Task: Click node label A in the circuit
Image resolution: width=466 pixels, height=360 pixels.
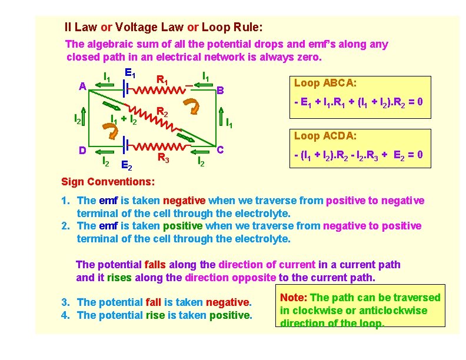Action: pos(83,86)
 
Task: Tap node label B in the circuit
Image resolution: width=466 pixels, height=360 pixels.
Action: pos(219,91)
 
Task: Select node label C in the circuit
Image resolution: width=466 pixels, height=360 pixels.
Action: pos(219,149)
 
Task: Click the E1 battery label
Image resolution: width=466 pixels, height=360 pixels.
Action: pos(131,74)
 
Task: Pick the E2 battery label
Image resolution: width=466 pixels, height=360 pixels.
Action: pos(127,165)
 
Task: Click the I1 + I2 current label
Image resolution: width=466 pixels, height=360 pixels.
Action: pos(125,121)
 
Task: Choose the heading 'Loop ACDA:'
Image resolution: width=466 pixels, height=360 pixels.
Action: pos(318,136)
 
